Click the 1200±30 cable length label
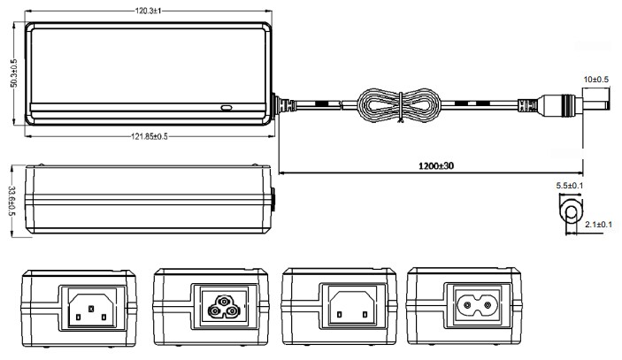[431, 165]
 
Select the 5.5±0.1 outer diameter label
[569, 188]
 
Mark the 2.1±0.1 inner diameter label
[598, 226]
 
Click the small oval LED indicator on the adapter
[227, 108]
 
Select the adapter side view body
[147, 199]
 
